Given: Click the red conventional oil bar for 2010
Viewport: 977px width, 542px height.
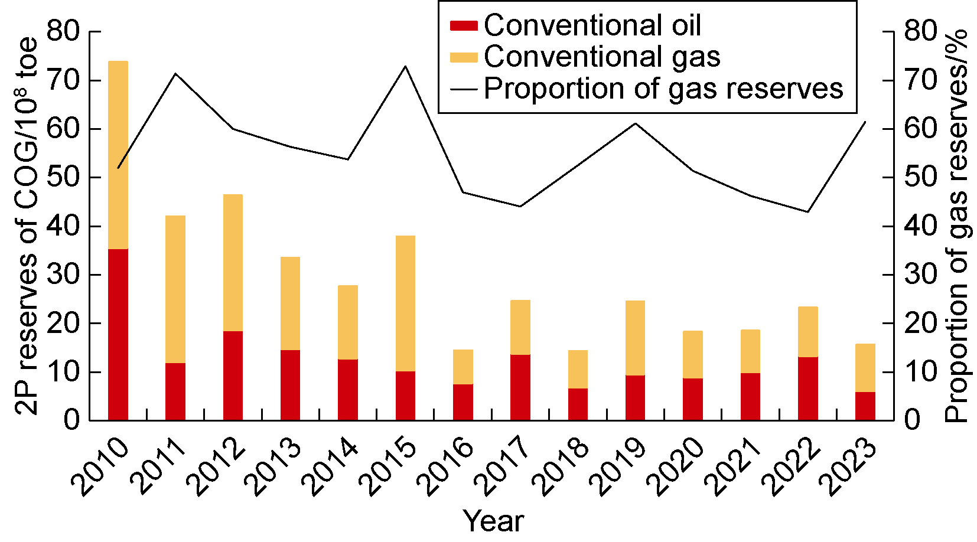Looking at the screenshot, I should coord(118,334).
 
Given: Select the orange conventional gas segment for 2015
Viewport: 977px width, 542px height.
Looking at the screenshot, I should coord(406,303).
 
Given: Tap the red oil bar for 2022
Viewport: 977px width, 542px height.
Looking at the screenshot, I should coord(808,388).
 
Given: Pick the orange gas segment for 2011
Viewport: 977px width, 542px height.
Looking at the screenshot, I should coord(175,289).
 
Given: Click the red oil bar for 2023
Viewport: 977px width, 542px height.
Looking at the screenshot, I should coord(865,406).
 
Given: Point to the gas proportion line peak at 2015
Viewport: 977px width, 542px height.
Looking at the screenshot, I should coord(406,66).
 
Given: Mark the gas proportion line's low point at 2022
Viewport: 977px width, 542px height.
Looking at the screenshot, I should coord(808,211).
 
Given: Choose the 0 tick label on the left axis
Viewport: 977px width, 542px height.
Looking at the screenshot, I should coord(71,420).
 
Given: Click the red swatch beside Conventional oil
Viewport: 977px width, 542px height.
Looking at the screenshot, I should coord(464,25).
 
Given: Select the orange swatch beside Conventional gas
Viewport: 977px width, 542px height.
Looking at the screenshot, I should coord(464,57).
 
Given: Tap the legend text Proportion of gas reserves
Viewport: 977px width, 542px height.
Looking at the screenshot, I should coord(663,89).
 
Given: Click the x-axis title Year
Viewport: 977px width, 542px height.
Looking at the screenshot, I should coord(494,521).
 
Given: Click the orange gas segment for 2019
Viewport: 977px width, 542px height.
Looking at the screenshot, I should coord(636,338).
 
